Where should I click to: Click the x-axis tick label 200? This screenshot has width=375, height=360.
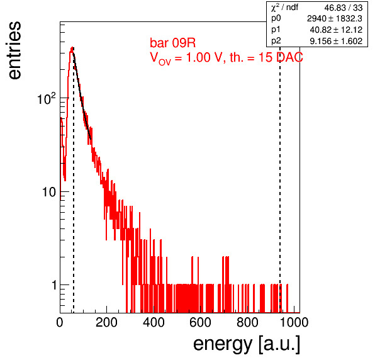106,322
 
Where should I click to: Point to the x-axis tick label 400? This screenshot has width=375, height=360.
154,322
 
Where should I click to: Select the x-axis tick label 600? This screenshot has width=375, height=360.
200,322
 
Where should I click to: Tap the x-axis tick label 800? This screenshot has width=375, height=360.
247,322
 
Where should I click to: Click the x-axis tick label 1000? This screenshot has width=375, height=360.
294,322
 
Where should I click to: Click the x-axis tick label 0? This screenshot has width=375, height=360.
60,322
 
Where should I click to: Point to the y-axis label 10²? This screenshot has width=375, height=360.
47,99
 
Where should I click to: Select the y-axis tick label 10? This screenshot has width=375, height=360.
49,192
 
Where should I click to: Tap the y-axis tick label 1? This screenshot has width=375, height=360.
54,285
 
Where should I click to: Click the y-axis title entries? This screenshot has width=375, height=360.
14,50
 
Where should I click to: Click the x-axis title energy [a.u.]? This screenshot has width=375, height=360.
247,344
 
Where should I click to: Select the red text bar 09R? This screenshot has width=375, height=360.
172,43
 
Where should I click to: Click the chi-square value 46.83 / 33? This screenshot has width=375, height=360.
343,8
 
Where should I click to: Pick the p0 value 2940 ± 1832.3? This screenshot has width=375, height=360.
335,19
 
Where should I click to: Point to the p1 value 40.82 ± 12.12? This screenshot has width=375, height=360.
336,30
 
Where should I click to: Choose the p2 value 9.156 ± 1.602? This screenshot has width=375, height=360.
336,41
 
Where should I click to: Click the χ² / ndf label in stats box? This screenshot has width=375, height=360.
284,7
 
